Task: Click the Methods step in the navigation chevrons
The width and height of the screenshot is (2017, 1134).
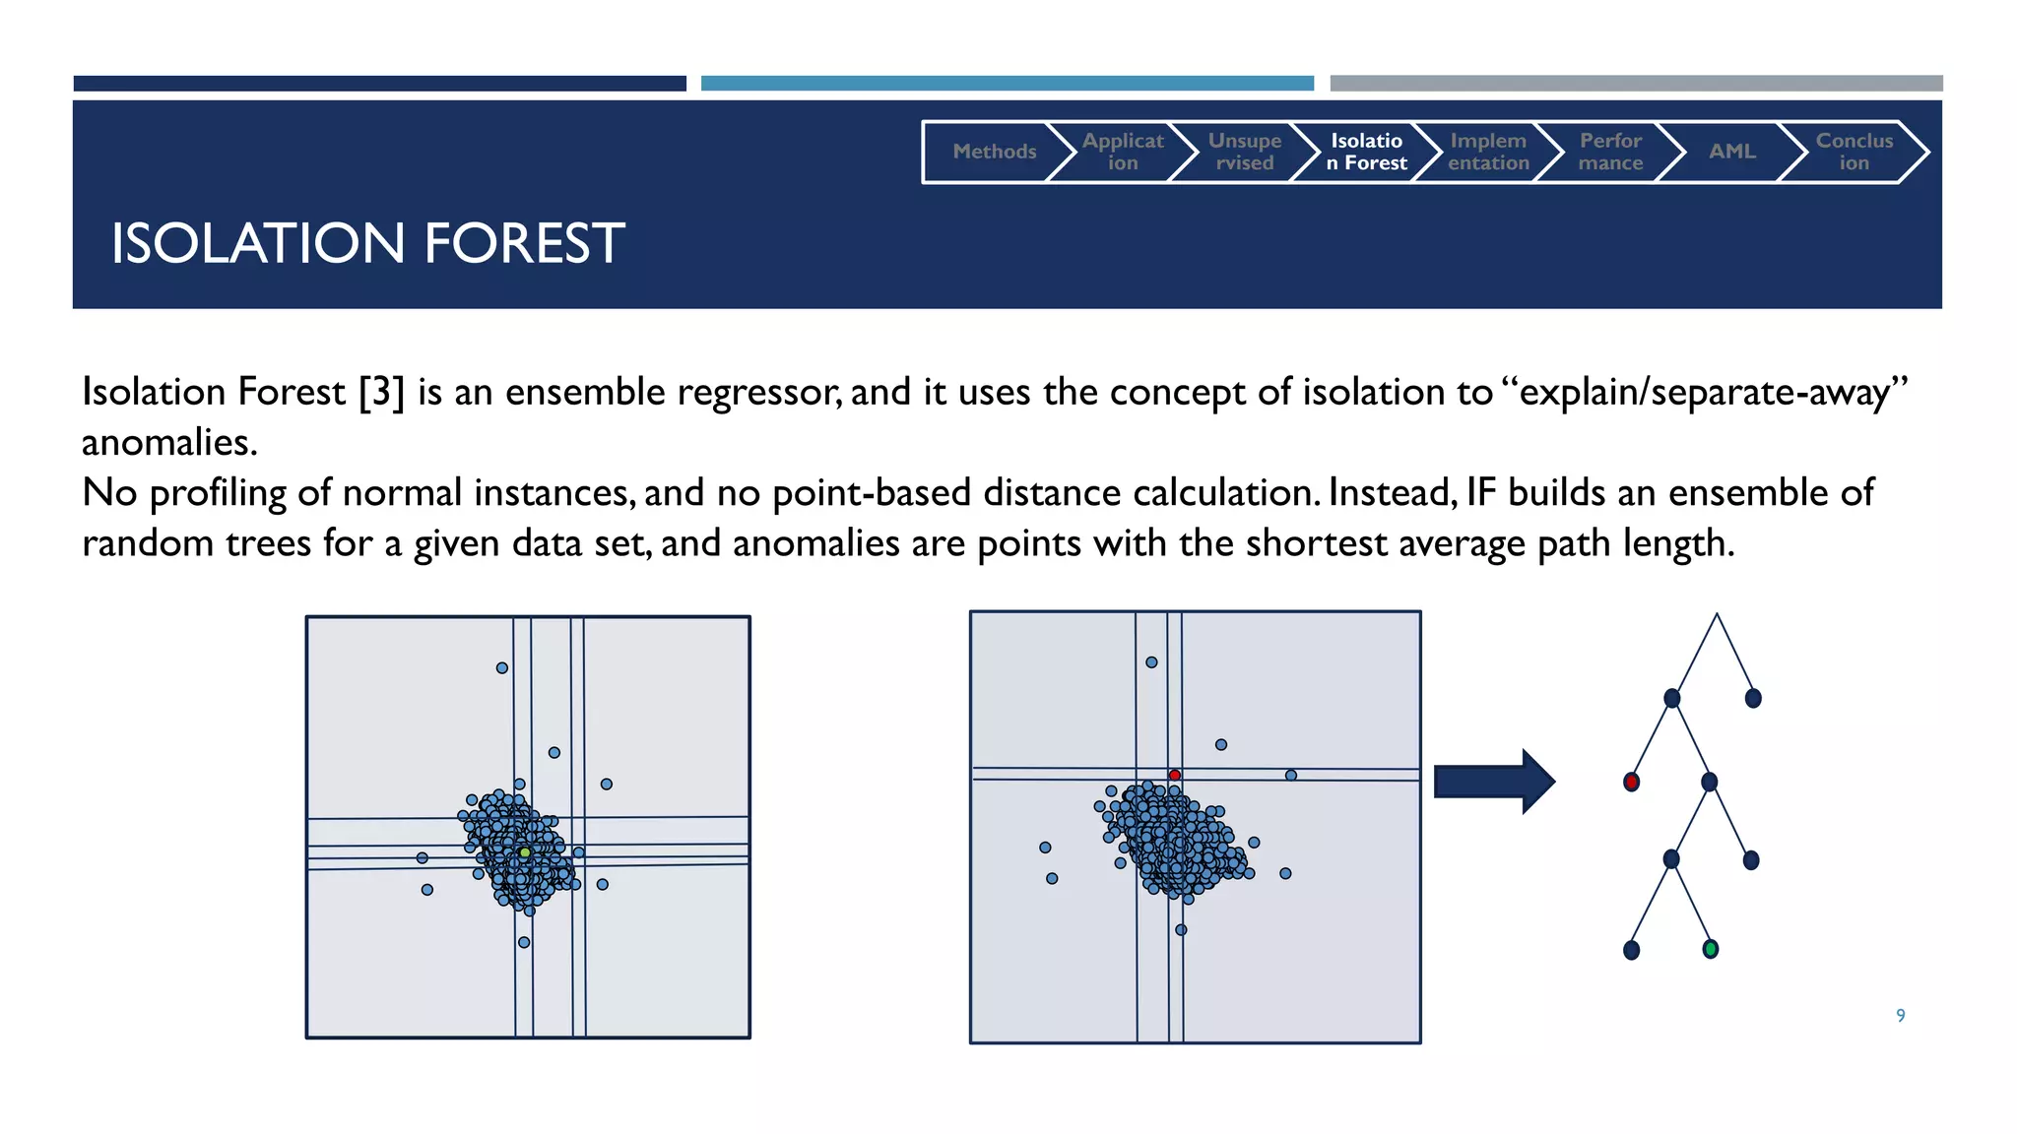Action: [994, 152]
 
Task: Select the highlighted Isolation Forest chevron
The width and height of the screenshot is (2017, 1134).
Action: [1366, 152]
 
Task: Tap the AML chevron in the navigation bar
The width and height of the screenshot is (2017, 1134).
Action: [1731, 152]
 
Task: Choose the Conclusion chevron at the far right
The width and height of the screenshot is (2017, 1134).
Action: [1854, 152]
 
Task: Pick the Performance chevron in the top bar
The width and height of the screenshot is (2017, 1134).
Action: [1610, 152]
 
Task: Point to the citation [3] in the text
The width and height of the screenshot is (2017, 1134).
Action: [382, 392]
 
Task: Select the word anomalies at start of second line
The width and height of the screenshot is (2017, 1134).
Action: [168, 443]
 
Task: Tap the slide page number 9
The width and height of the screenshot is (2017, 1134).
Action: [1900, 1015]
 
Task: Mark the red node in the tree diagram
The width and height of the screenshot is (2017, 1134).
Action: [1631, 782]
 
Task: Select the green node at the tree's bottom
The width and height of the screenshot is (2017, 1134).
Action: [1710, 949]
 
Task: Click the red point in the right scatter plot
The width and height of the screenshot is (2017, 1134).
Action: [1175, 776]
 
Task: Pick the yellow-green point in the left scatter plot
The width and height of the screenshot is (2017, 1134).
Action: [525, 852]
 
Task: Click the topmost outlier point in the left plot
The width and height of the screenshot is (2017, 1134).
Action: [502, 667]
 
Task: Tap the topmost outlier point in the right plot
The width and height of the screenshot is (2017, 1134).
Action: [1151, 662]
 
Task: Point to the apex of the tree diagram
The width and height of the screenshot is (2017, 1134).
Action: [1717, 615]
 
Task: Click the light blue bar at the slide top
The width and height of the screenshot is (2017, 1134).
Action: [1007, 84]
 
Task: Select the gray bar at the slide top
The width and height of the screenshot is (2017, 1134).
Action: [1636, 84]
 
